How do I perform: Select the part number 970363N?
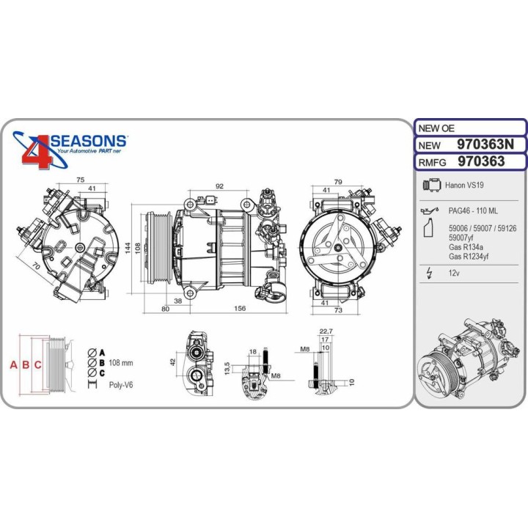point(485,144)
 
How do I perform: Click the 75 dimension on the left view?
point(81,179)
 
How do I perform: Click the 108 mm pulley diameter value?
point(121,362)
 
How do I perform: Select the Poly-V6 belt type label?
point(121,384)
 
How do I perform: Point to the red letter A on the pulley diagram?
point(12,365)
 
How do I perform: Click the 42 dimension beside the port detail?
point(174,362)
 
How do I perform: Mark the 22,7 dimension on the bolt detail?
point(326,331)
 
